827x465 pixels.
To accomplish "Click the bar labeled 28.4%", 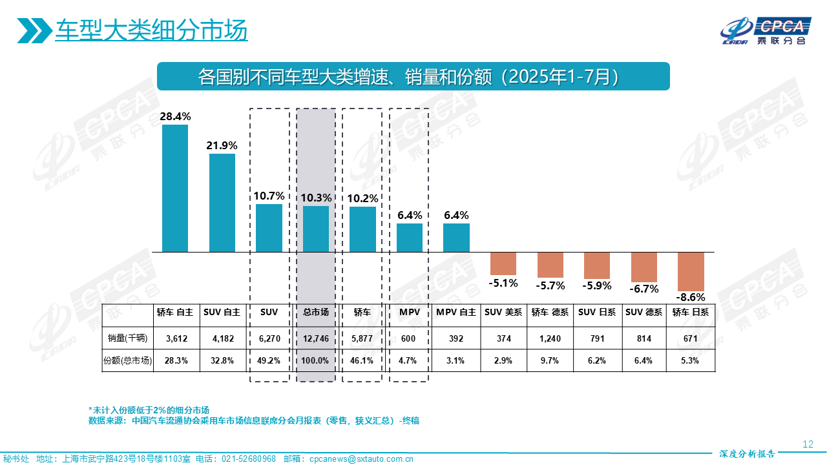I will pyautogui.click(x=175, y=188).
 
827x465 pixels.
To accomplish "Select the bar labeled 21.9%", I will pyautogui.click(x=222, y=202).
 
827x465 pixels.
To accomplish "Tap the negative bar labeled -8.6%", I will pyautogui.click(x=690, y=271).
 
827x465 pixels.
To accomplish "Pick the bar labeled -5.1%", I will pyautogui.click(x=503, y=263).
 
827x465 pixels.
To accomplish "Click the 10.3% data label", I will pyautogui.click(x=316, y=198).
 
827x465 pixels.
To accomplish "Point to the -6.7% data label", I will pyautogui.click(x=644, y=289).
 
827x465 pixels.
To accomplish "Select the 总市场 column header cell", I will pyautogui.click(x=316, y=312).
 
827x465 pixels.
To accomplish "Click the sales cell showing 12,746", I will pyautogui.click(x=316, y=338).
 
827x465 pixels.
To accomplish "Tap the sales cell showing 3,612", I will pyautogui.click(x=176, y=338).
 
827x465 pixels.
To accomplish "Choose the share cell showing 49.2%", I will pyautogui.click(x=269, y=360).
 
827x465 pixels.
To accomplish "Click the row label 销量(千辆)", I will pyautogui.click(x=127, y=338).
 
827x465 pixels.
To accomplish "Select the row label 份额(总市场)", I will pyautogui.click(x=127, y=360).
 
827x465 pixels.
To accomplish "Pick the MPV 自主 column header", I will pyautogui.click(x=456, y=312).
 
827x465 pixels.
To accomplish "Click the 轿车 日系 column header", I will pyautogui.click(x=690, y=312).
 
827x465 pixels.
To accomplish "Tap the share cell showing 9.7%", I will pyautogui.click(x=550, y=360).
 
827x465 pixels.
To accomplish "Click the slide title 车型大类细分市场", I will pyautogui.click(x=151, y=30).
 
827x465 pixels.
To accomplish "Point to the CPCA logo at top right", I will pyautogui.click(x=765, y=31).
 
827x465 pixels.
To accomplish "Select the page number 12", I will pyautogui.click(x=807, y=444).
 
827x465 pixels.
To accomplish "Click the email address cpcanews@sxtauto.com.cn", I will pyautogui.click(x=361, y=459).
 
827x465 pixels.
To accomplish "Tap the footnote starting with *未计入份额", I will pyautogui.click(x=149, y=410).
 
